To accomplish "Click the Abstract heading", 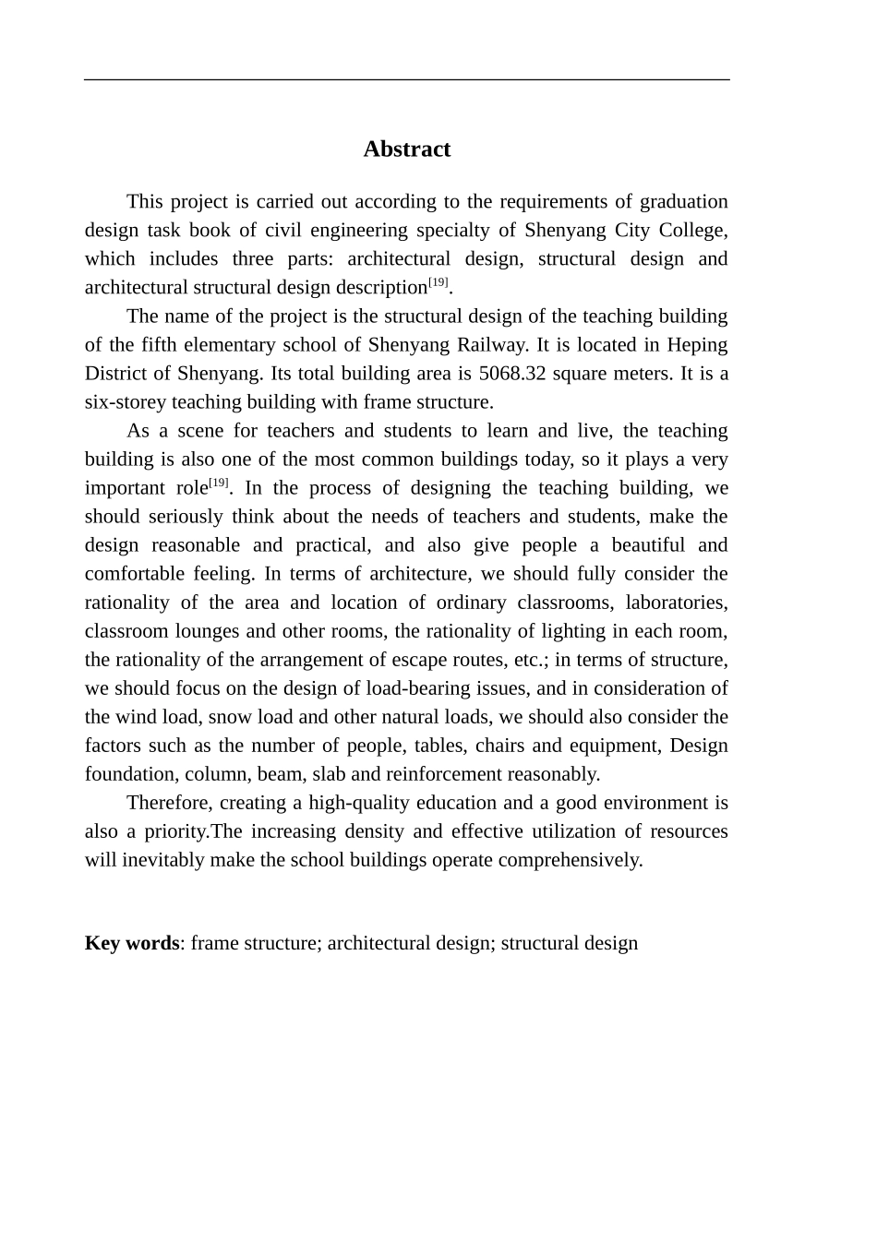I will [x=406, y=149].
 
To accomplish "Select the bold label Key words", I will [x=131, y=943].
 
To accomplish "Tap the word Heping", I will [x=697, y=345].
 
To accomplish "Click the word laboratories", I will [x=676, y=603].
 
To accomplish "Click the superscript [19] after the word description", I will [x=438, y=282].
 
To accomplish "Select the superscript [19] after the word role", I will [x=218, y=483].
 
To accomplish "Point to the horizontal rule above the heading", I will [x=406, y=80].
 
